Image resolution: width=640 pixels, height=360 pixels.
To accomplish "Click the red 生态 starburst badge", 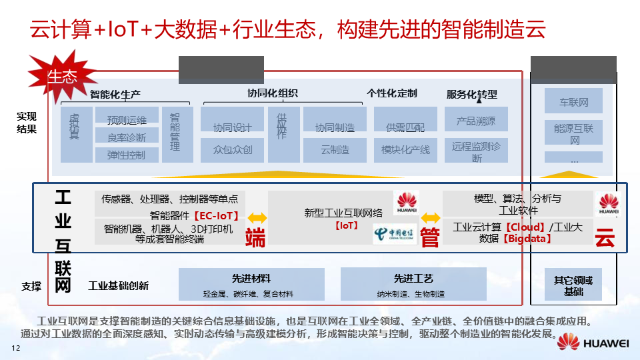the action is coord(62,76).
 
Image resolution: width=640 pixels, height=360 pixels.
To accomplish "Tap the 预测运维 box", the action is coord(126,120).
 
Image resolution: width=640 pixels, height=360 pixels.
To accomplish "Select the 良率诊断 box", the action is coord(126,137).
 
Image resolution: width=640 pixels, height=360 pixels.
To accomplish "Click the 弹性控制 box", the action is coord(126,155).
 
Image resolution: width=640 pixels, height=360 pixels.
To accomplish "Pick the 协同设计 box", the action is coord(232,127).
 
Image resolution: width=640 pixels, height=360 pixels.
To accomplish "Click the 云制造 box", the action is coord(335,150).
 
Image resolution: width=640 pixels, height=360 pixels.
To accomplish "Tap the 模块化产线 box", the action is coord(405,150).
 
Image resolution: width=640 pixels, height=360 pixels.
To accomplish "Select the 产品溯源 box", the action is coord(476,121).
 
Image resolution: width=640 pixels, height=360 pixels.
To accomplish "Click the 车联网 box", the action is coord(574,103).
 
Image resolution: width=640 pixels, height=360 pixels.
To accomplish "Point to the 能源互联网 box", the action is coord(574,133).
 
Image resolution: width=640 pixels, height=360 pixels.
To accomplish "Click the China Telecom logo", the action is coord(393,233).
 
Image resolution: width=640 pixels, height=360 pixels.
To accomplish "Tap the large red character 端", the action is coord(255,237).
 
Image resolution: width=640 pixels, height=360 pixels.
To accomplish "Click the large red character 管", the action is coord(430,237).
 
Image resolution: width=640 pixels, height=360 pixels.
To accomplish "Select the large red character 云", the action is coord(605,237).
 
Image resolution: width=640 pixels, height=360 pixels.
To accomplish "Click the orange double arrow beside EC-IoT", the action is coord(256,217).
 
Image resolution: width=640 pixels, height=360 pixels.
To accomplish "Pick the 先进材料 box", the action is coord(251,283).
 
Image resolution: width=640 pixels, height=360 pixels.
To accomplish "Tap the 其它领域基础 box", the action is coord(573,285).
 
